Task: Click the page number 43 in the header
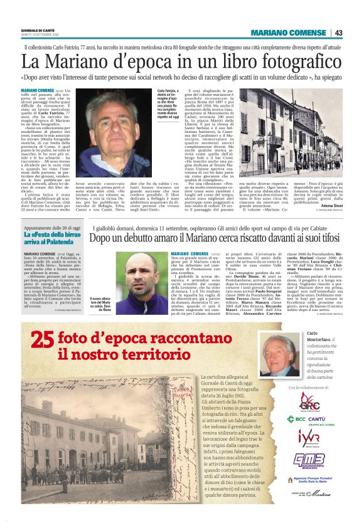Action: click(x=355, y=33)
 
